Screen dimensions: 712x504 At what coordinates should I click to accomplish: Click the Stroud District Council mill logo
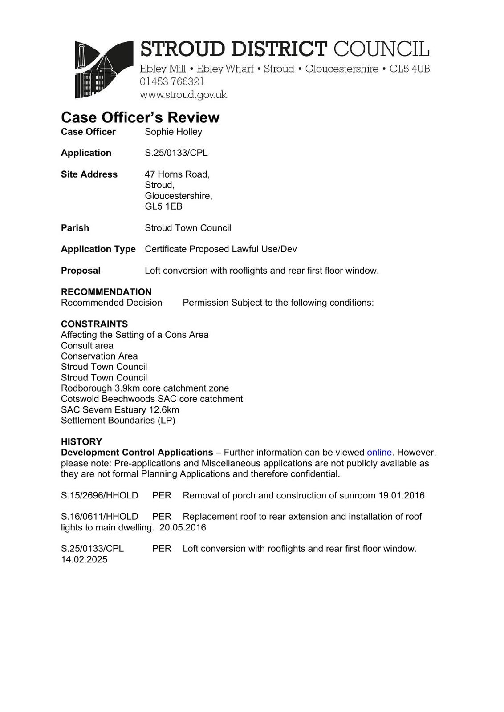[104, 69]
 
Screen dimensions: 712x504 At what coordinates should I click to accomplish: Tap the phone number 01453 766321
[172, 82]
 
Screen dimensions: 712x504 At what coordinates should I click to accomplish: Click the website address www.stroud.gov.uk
[183, 95]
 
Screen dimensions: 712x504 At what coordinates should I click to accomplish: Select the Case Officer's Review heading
[140, 117]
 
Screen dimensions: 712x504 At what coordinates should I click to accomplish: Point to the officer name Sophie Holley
[173, 132]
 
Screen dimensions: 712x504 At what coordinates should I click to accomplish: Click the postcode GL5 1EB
[163, 206]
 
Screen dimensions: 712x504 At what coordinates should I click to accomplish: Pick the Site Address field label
[89, 174]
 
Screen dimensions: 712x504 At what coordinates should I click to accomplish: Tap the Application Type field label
[98, 249]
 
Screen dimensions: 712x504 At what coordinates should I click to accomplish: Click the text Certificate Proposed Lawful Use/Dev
[220, 249]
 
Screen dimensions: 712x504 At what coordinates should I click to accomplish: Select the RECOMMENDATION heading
[106, 292]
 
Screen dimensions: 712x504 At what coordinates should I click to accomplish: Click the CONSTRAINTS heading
[94, 324]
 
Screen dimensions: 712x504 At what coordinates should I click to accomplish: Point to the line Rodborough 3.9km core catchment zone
[145, 388]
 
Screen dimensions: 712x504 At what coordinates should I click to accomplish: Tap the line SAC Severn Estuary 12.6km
[120, 410]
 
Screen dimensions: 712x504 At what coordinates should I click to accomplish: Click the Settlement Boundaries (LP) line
[118, 421]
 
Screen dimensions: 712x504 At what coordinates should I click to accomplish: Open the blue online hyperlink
[379, 453]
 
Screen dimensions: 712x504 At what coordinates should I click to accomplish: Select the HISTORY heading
[81, 442]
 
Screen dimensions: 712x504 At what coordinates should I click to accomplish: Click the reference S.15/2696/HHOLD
[99, 495]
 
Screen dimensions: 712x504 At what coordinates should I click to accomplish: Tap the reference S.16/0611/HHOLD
[99, 517]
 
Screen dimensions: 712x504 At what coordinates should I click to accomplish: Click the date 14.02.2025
[84, 560]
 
